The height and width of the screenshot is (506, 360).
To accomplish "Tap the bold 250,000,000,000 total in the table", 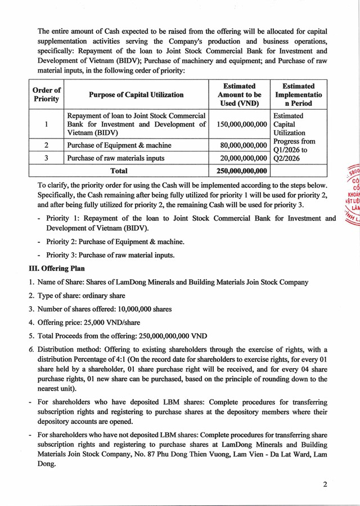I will click(x=238, y=171).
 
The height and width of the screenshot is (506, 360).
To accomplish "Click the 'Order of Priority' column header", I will click(x=46, y=95).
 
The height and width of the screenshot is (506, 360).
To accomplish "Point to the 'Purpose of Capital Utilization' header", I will click(x=136, y=95).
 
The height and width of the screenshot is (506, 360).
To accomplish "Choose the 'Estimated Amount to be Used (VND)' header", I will click(x=239, y=95).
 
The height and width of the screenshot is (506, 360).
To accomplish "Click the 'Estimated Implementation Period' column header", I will click(x=298, y=95).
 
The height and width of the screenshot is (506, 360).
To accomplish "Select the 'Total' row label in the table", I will click(x=119, y=171).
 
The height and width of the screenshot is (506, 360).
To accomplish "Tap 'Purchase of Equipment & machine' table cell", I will click(x=119, y=146).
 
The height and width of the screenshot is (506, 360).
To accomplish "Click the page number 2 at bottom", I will click(x=325, y=485).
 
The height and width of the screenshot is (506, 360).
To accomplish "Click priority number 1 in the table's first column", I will click(x=46, y=124).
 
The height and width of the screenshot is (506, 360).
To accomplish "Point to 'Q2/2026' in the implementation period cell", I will click(x=287, y=159).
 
